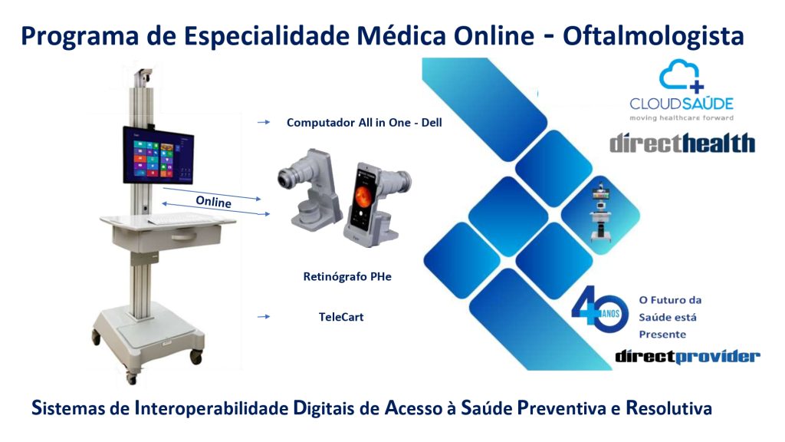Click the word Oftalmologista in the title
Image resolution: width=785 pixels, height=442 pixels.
[x=653, y=36]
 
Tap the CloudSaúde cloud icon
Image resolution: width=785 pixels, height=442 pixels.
[x=682, y=76]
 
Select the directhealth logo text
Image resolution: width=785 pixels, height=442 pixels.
[x=682, y=143]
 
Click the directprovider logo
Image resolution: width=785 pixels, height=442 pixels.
[x=688, y=356]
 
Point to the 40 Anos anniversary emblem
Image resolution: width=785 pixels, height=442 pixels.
[x=599, y=310]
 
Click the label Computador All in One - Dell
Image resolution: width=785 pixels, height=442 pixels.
[x=364, y=123]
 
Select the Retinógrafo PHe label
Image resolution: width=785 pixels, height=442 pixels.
[x=347, y=276]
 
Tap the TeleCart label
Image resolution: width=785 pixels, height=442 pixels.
[x=341, y=317]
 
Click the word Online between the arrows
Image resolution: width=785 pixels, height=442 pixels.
[x=213, y=202]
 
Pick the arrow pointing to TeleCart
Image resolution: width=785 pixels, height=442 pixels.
[x=264, y=317]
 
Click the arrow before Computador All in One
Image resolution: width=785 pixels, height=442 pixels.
[x=264, y=122]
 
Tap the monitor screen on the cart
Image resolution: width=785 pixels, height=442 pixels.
[x=158, y=155]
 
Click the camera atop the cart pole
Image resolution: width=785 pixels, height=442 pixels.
[x=143, y=77]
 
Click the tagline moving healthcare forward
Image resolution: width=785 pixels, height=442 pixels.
[x=682, y=118]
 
